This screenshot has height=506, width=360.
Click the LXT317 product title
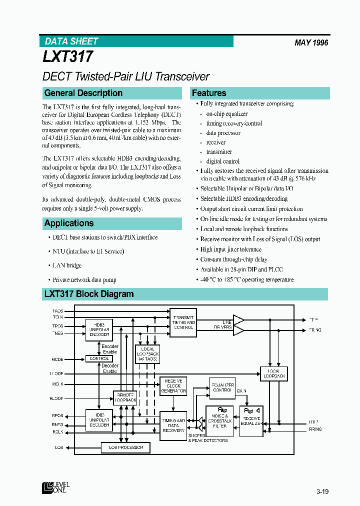click(x=68, y=56)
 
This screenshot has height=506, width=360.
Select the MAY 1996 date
click(x=311, y=43)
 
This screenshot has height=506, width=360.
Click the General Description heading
click(x=83, y=93)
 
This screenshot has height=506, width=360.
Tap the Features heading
click(x=209, y=93)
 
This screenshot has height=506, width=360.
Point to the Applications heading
click(x=69, y=223)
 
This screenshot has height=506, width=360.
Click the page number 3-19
click(x=322, y=491)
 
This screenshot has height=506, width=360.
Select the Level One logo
click(x=55, y=487)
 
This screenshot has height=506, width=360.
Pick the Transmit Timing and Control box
click(x=183, y=322)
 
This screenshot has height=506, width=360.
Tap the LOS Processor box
click(x=126, y=447)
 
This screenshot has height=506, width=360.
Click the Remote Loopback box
click(x=125, y=397)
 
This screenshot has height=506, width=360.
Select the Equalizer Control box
click(x=221, y=387)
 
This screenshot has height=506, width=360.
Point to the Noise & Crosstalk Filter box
click(x=219, y=421)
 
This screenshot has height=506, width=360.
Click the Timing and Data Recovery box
click(x=173, y=425)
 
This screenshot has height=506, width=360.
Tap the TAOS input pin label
click(x=57, y=311)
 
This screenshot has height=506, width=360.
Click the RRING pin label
click(x=315, y=429)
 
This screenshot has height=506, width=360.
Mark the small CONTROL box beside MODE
click(x=99, y=358)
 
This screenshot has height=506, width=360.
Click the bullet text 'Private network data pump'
click(x=84, y=280)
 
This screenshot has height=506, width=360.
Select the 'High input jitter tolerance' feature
click(x=230, y=249)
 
